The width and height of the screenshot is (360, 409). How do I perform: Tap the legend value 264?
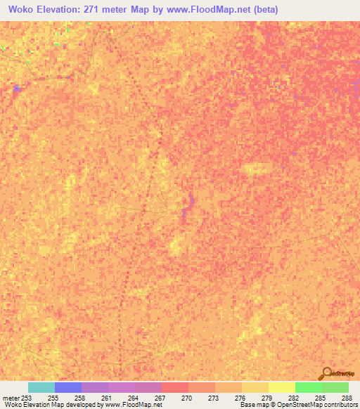[134, 398]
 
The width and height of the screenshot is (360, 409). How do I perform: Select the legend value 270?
[188, 398]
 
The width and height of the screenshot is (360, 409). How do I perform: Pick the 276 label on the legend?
[241, 398]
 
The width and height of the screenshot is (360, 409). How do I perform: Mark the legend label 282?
[295, 398]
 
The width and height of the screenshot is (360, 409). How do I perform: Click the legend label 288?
[348, 398]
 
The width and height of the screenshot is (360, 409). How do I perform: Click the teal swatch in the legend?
[41, 387]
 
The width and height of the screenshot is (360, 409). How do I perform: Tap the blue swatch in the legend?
[67, 387]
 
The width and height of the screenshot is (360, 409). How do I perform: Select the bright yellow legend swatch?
[281, 387]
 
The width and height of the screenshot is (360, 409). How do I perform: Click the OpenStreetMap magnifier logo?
[326, 374]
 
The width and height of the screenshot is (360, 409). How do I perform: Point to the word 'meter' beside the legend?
[11, 398]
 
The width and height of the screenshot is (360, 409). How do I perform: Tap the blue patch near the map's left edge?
[16, 88]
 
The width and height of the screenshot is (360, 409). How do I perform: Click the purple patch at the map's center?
[185, 211]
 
